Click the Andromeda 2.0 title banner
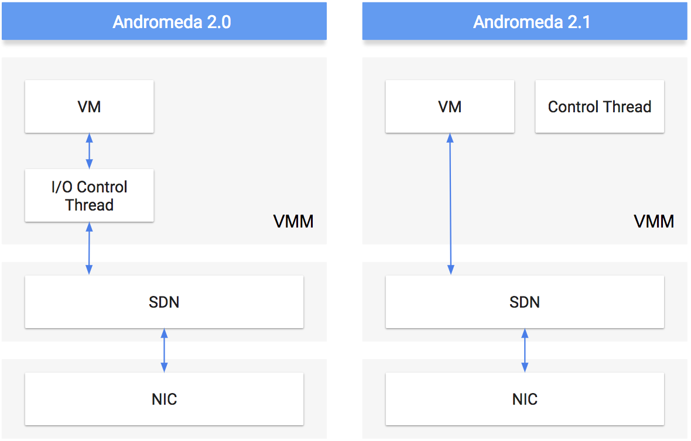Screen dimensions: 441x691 click(164, 22)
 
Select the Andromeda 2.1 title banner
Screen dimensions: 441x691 click(525, 22)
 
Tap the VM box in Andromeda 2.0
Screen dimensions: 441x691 click(89, 106)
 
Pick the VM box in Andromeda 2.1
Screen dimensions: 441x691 click(450, 106)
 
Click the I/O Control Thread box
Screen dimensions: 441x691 click(89, 195)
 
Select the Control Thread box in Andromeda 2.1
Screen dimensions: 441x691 click(600, 106)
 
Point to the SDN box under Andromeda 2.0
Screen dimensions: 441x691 click(164, 302)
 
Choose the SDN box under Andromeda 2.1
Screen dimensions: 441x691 click(525, 302)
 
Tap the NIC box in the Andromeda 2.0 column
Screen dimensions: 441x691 click(164, 399)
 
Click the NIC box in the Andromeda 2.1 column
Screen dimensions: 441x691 click(525, 399)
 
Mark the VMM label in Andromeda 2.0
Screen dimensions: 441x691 click(293, 222)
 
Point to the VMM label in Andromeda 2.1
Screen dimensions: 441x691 click(654, 222)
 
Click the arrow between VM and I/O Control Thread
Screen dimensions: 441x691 click(89, 151)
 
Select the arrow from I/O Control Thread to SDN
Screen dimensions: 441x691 click(89, 248)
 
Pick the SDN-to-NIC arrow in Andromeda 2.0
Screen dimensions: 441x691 click(164, 350)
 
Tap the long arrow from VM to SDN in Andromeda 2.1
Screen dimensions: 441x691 click(450, 204)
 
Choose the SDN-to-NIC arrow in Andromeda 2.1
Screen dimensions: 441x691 click(525, 350)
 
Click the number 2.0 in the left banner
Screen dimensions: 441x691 click(217, 22)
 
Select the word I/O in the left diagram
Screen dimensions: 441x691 click(62, 187)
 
